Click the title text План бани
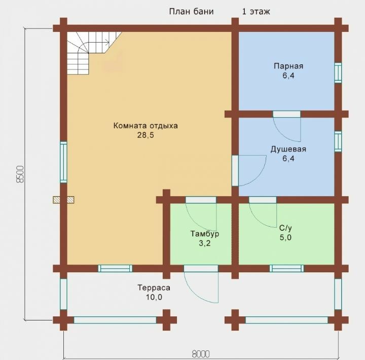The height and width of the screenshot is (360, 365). click(191, 12)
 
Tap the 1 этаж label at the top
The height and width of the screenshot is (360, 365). click(256, 12)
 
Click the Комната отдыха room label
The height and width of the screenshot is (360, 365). click(145, 126)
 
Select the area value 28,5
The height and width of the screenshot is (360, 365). click(145, 135)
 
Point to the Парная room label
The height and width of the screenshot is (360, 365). click(288, 66)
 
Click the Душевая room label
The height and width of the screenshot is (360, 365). click(288, 149)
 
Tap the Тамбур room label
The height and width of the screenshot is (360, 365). click(205, 234)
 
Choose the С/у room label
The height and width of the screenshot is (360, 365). click(285, 228)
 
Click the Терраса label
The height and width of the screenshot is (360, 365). click(154, 288)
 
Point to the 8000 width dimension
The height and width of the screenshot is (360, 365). click(201, 354)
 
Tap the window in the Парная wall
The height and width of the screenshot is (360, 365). click(338, 73)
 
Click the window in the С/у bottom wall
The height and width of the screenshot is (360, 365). click(287, 269)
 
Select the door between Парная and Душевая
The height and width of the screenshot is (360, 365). click(287, 126)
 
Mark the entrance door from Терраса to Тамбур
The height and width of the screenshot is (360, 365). click(201, 284)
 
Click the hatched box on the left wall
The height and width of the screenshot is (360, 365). click(63, 200)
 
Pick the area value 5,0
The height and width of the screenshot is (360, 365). click(285, 237)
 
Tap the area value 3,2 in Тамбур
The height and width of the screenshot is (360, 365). click(205, 243)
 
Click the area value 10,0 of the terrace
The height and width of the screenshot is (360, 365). click(154, 297)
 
